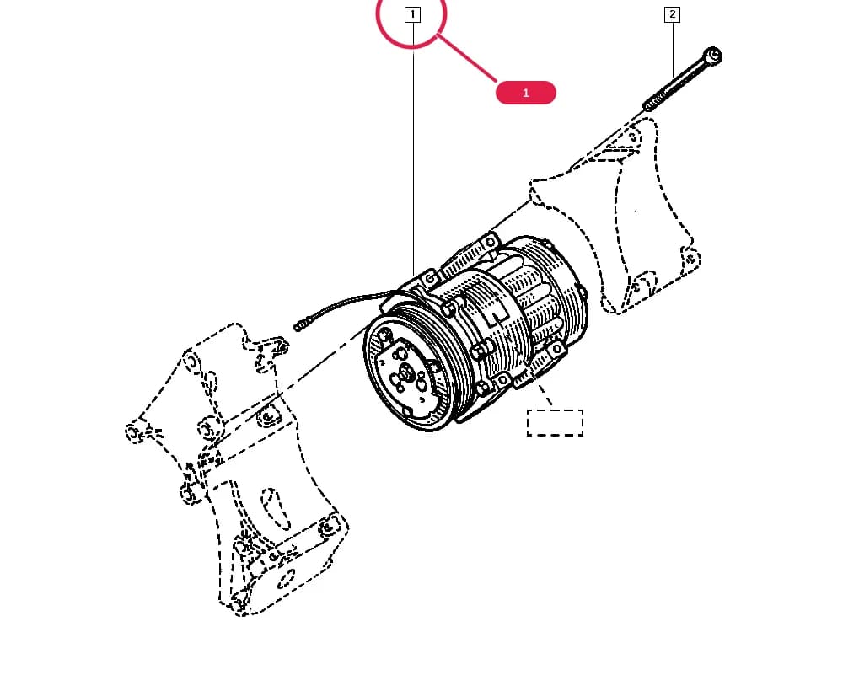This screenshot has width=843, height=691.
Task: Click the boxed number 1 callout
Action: (412, 14)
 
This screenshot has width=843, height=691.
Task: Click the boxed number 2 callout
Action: (672, 14)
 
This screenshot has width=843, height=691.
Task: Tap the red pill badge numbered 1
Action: (526, 93)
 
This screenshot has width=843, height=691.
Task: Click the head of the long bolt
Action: (713, 56)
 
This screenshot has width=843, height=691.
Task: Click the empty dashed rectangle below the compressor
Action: (555, 423)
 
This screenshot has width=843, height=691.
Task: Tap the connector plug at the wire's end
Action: (302, 324)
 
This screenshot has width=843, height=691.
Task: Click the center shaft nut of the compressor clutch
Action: (406, 372)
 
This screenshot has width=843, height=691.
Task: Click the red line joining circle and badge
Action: (467, 58)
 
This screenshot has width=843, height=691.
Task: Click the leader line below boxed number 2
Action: (673, 50)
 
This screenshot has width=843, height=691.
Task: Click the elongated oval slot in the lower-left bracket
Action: (276, 509)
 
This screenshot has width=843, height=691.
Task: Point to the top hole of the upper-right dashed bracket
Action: (636, 136)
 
